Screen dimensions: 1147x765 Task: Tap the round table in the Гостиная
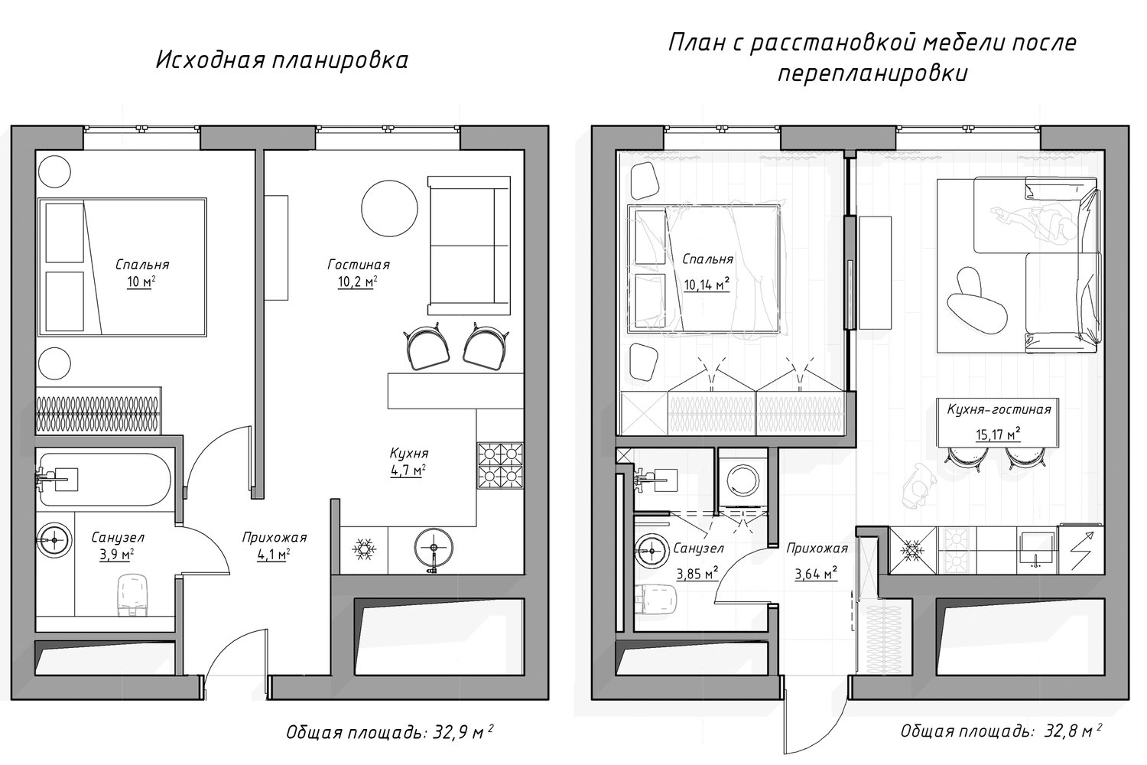click(390, 208)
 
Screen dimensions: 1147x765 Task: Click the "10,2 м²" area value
click(357, 282)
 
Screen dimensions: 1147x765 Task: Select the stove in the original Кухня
click(500, 466)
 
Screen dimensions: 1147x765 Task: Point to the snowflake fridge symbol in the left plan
click(364, 549)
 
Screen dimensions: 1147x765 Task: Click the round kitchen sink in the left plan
click(434, 548)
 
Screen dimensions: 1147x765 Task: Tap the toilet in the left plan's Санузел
click(133, 594)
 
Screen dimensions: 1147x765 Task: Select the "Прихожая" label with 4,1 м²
click(274, 538)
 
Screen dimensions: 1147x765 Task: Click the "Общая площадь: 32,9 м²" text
click(390, 732)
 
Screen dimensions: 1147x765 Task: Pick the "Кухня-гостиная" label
click(999, 410)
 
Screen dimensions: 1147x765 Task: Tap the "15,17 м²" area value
click(998, 435)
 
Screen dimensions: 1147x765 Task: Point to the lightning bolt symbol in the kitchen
click(1081, 550)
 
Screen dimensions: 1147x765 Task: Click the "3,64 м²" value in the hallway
click(816, 573)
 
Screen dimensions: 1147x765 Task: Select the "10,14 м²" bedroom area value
click(707, 285)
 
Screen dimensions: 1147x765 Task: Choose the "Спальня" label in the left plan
click(141, 265)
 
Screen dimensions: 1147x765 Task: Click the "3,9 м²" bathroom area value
click(117, 555)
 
